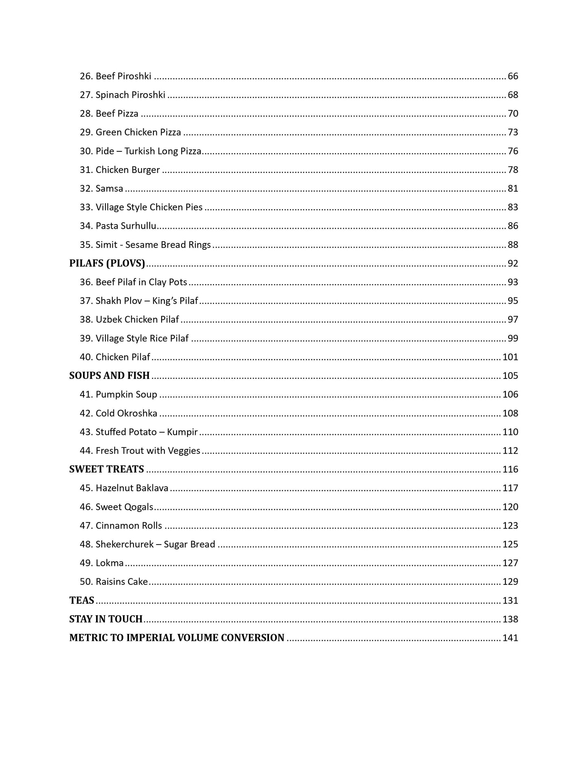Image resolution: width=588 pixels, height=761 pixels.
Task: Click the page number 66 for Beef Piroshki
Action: [x=513, y=76]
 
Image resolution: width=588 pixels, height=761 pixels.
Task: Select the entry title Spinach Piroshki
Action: [x=130, y=95]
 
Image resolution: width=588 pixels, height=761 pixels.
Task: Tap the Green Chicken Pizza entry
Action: [x=138, y=132]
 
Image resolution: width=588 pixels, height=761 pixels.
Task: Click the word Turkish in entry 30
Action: [x=139, y=151]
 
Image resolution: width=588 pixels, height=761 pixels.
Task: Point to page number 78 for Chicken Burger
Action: [x=513, y=170]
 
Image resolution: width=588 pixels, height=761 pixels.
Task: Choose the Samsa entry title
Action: [x=109, y=188]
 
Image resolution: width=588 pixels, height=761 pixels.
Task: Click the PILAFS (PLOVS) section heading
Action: [x=107, y=263]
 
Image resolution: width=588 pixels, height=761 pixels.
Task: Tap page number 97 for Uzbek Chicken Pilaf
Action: [x=513, y=319]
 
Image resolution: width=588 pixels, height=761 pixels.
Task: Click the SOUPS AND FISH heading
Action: [x=109, y=375]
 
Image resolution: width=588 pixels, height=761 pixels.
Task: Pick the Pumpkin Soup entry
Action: [x=126, y=394]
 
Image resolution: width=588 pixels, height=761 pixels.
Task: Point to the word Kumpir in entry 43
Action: [x=182, y=432]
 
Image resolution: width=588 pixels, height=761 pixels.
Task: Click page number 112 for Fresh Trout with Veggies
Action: [x=510, y=450]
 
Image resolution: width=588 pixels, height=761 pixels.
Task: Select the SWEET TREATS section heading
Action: [x=107, y=469]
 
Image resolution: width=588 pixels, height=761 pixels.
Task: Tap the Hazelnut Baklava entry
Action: [x=132, y=488]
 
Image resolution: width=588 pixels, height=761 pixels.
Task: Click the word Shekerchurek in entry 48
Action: [x=125, y=544]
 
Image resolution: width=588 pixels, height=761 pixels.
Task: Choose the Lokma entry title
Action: [x=109, y=563]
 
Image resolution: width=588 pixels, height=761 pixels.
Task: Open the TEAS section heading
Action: [x=82, y=600]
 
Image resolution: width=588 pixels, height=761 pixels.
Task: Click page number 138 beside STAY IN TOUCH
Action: [x=510, y=619]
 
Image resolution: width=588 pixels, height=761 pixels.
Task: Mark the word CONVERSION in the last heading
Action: [x=253, y=638]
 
